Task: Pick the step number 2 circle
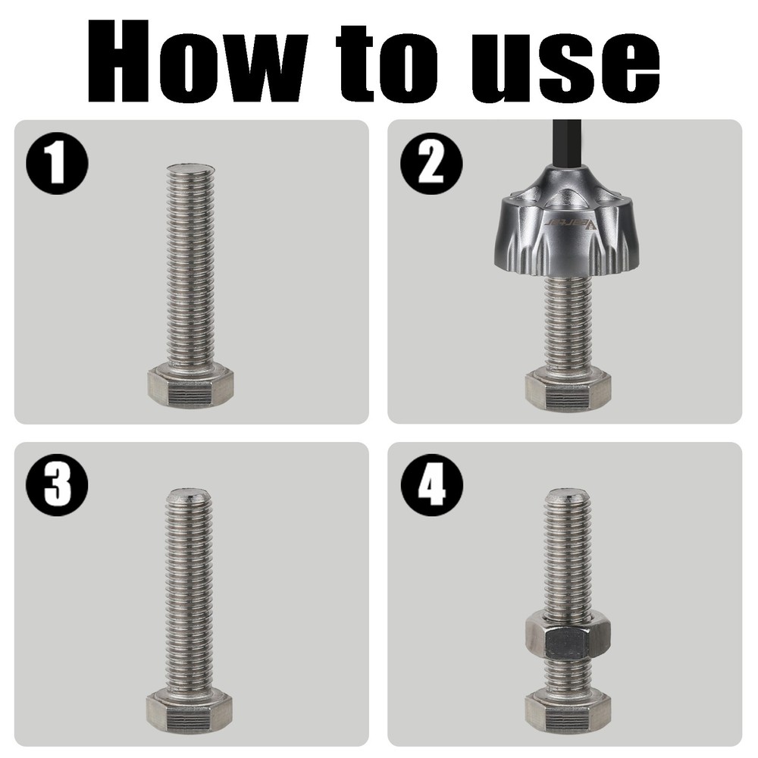pos(431,163)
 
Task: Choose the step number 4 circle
pos(431,485)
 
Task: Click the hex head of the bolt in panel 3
pos(189,709)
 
